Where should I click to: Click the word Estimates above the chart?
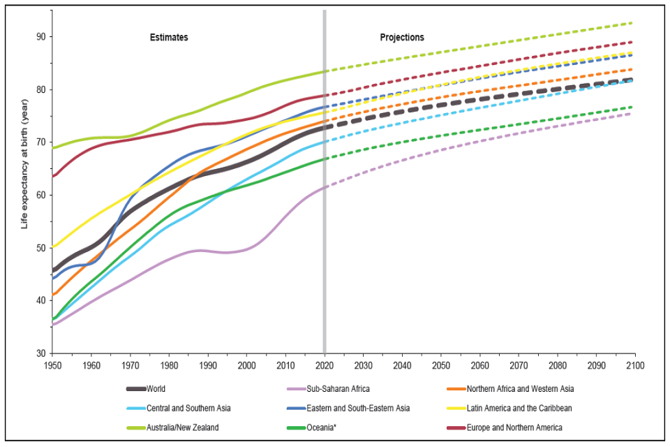pyautogui.click(x=169, y=37)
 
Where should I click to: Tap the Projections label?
pyautogui.click(x=401, y=37)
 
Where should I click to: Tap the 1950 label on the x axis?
pyautogui.click(x=52, y=365)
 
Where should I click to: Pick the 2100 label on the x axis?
pyautogui.click(x=634, y=365)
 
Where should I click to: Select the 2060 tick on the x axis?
pyautogui.click(x=479, y=365)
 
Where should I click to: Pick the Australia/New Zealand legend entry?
pyautogui.click(x=184, y=427)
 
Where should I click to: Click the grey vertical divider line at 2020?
pyautogui.click(x=325, y=210)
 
